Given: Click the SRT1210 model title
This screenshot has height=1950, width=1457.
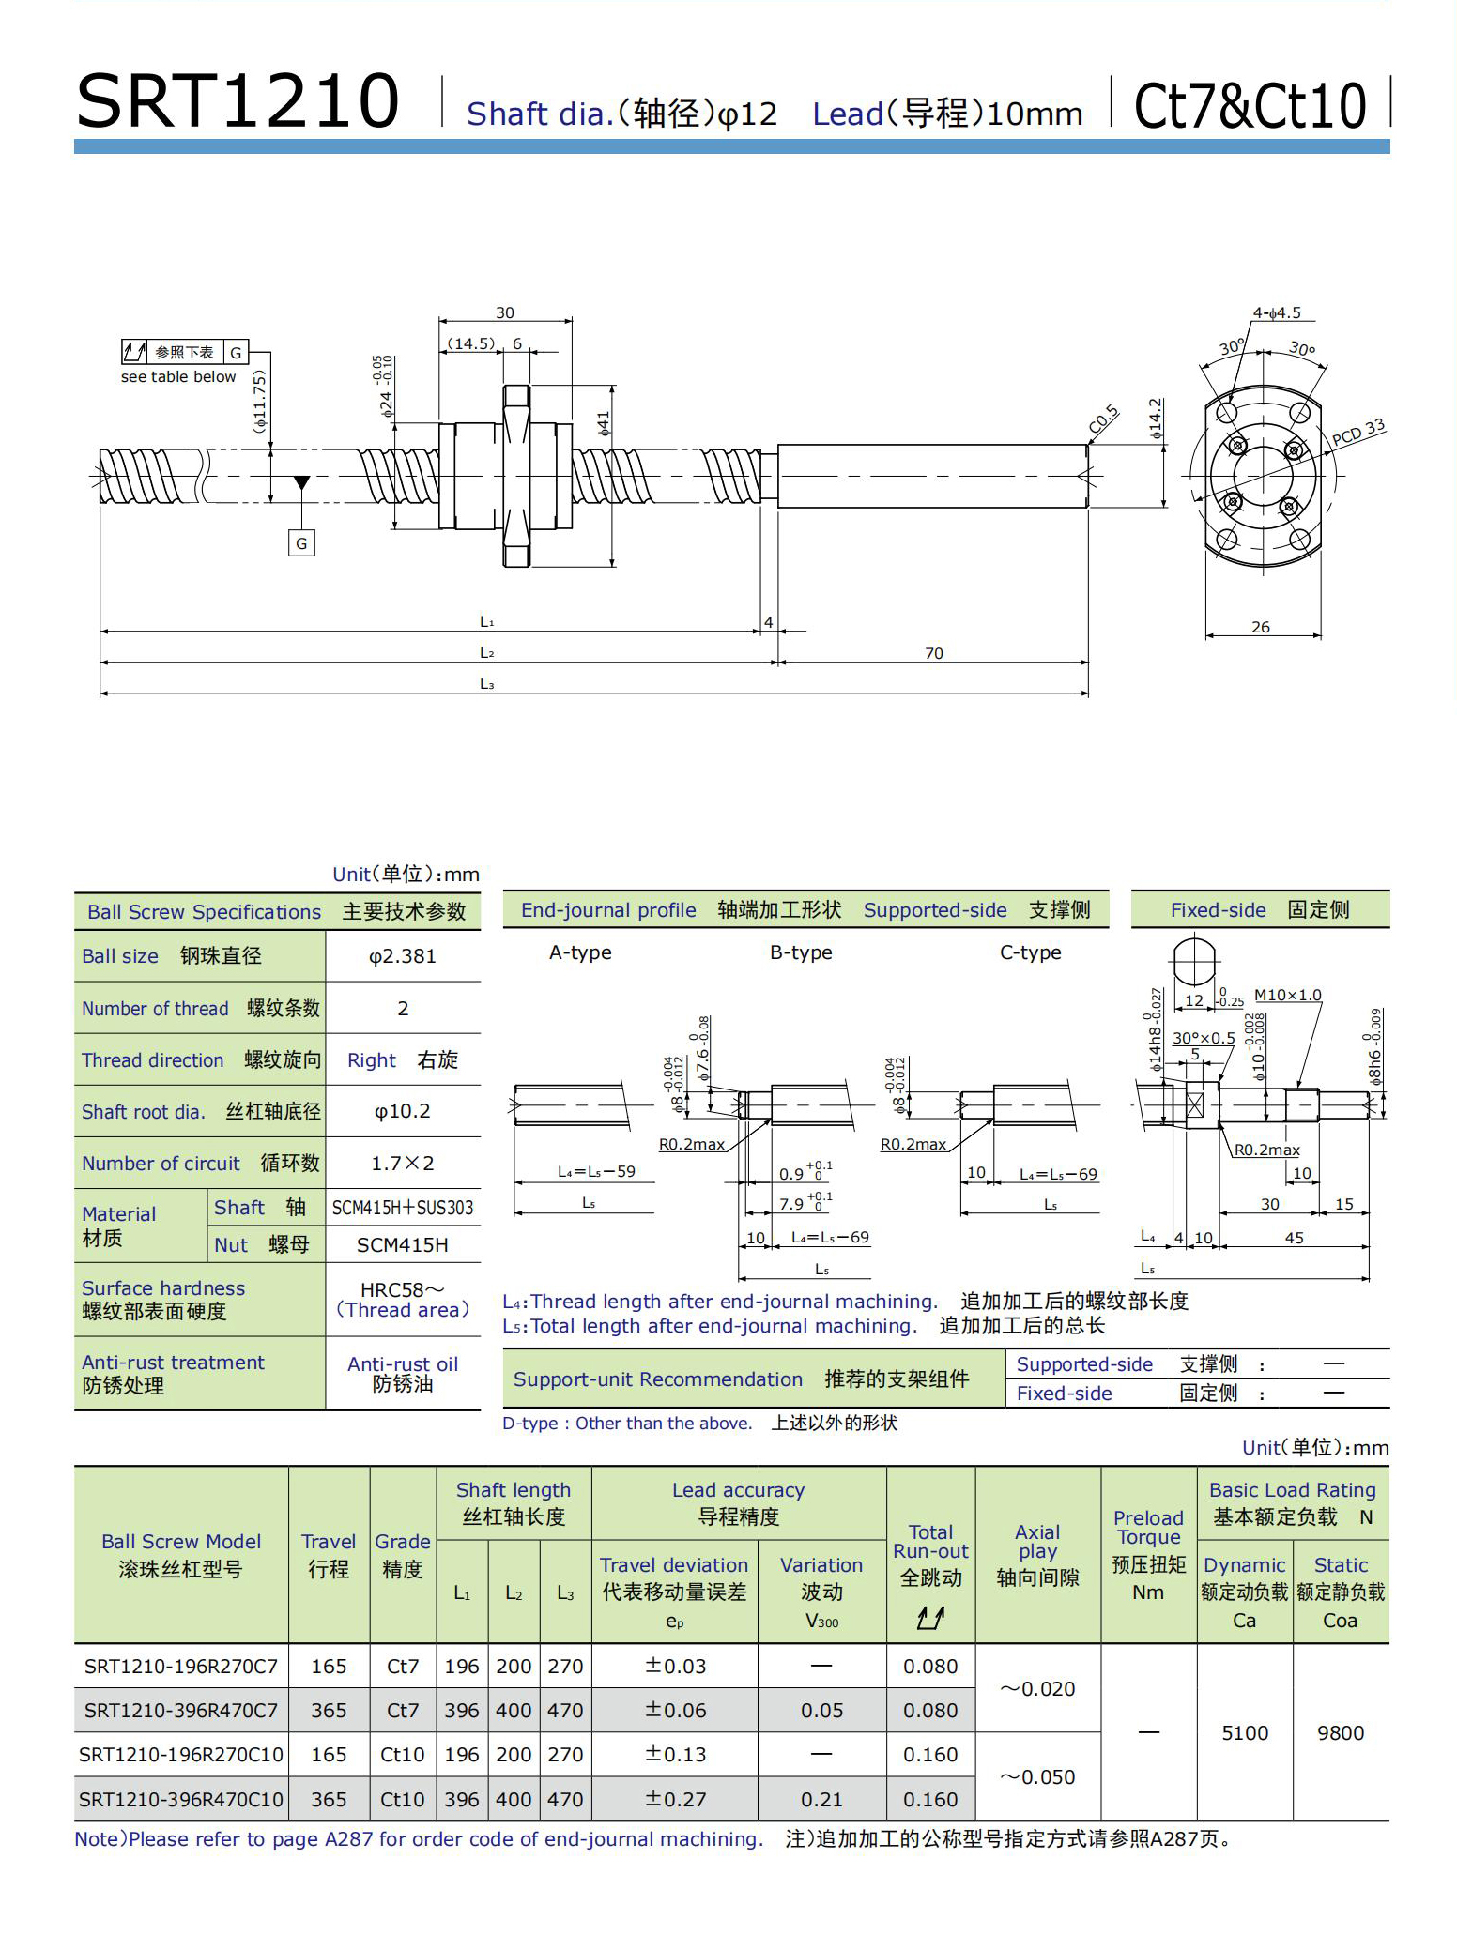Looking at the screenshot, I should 238,101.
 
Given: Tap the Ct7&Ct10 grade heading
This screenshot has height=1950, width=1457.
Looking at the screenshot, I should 1250,105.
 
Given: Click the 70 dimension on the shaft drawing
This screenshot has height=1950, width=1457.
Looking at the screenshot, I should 933,653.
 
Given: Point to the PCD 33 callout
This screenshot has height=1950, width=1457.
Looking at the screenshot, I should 1357,433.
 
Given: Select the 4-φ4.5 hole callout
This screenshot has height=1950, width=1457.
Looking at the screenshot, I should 1276,313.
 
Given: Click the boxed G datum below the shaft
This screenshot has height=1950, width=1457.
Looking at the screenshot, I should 301,543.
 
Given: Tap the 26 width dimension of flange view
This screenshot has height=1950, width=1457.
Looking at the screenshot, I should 1261,627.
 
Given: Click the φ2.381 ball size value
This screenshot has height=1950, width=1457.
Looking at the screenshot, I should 402,956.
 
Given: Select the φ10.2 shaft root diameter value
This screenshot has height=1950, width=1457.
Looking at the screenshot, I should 402,1111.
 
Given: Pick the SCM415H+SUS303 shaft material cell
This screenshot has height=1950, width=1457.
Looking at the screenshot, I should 402,1208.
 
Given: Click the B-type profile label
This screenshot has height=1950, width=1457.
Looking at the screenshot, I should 801,952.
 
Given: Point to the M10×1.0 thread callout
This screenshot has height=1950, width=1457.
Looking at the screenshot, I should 1287,995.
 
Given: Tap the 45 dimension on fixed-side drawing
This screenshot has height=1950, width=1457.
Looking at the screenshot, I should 1294,1238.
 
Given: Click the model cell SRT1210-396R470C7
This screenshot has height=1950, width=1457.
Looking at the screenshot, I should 181,1711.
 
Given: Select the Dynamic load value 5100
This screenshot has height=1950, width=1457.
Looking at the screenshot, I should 1244,1733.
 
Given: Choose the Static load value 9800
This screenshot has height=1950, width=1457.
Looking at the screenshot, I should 1340,1733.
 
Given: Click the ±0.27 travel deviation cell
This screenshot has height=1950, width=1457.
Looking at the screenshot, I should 675,1799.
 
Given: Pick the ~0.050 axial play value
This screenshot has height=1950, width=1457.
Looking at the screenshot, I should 1037,1777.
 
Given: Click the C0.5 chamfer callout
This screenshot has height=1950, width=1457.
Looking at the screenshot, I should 1104,419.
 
